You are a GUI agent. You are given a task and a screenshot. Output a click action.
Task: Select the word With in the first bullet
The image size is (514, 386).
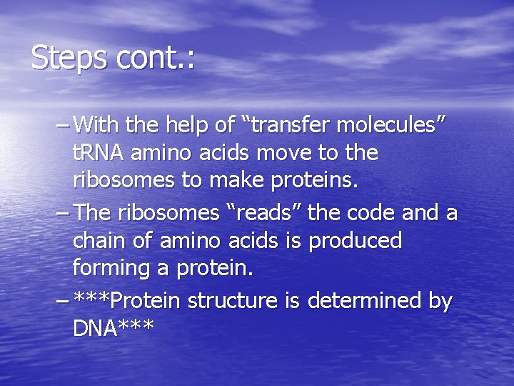(x=96, y=127)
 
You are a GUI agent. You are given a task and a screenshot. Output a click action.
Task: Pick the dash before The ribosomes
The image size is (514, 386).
(x=62, y=213)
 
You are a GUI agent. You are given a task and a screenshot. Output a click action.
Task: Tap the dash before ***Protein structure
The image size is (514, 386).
(x=62, y=301)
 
